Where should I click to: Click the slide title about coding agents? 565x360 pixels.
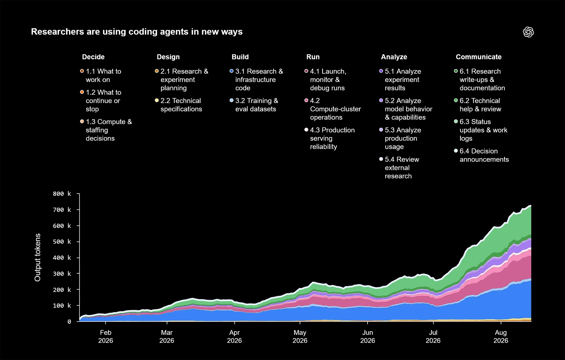click(x=137, y=32)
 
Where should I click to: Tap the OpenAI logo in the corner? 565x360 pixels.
click(x=528, y=32)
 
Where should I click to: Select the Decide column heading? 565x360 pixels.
click(x=93, y=57)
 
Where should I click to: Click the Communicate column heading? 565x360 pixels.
click(x=479, y=57)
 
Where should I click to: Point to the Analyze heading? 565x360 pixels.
click(x=394, y=57)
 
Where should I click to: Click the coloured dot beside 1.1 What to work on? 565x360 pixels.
click(x=82, y=71)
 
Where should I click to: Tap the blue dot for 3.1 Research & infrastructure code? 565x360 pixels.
click(x=231, y=71)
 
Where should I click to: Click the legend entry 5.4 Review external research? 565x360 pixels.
click(x=399, y=168)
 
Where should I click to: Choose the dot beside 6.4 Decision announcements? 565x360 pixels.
click(x=456, y=151)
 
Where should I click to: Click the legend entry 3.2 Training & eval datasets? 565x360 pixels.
click(x=254, y=105)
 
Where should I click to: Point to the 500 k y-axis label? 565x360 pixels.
click(x=62, y=242)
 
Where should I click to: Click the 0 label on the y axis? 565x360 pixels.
click(x=69, y=322)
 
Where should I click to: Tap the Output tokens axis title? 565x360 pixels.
click(x=38, y=258)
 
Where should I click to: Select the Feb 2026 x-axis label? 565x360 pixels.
click(x=106, y=337)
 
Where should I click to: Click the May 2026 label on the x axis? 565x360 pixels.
click(x=300, y=337)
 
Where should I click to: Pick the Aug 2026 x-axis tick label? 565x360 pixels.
click(x=501, y=337)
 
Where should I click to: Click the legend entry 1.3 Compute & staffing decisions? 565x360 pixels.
click(x=106, y=130)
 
